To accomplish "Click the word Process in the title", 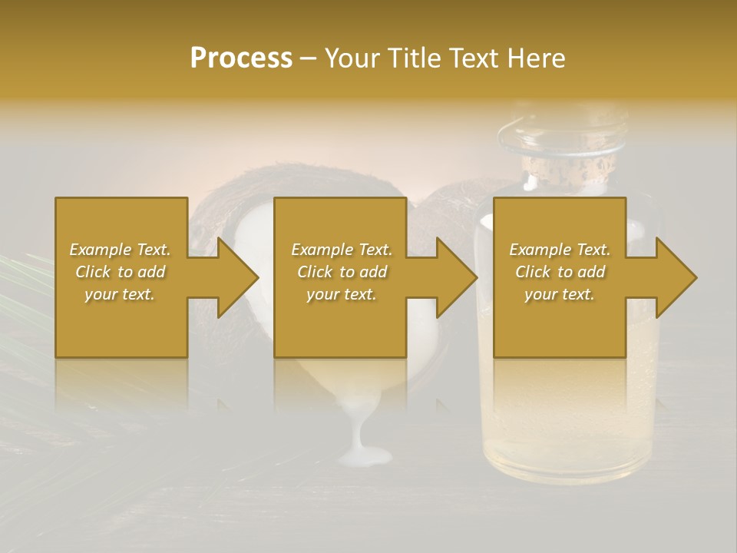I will (x=241, y=58).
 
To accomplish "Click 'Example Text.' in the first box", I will (x=120, y=250).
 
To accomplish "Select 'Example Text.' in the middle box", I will (x=342, y=250).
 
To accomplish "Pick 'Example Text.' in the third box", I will (x=560, y=250).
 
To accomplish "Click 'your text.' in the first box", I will (x=120, y=294).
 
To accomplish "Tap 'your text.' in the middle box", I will (x=342, y=294).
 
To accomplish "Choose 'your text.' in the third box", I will (x=560, y=294).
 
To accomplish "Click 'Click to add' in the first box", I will (x=120, y=272).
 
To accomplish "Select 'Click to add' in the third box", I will (x=560, y=272).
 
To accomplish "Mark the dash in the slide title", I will (x=308, y=59).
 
